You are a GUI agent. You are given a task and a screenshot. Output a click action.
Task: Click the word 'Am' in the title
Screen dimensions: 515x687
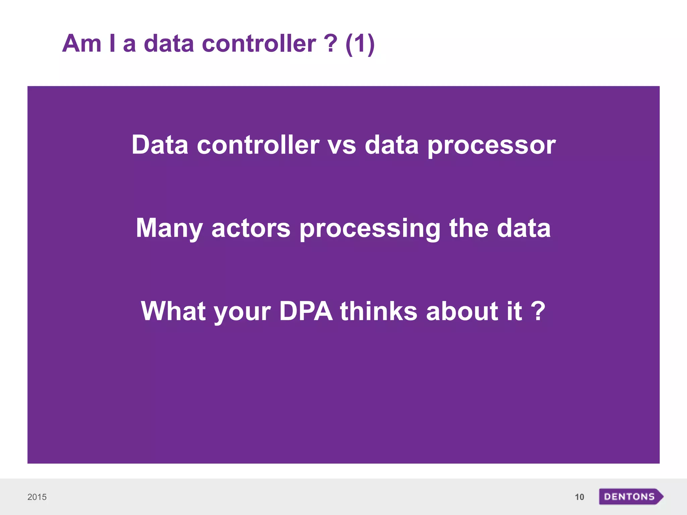click(82, 44)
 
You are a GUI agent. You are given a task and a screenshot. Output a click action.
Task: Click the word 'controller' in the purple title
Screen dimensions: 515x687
click(259, 44)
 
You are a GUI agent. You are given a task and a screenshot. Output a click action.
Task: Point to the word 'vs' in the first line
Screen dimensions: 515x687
click(341, 146)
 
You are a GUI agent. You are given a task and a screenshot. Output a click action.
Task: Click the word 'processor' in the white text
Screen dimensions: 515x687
click(491, 146)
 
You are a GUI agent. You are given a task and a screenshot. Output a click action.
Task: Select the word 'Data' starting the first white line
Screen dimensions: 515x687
click(160, 145)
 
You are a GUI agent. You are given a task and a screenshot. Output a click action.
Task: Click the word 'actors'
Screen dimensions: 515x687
click(251, 228)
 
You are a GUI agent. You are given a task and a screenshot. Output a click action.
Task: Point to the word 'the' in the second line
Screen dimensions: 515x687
click(469, 228)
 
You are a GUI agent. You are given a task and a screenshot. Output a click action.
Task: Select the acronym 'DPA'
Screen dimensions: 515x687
click(306, 311)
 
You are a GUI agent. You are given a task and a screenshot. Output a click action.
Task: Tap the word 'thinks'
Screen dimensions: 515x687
click(379, 311)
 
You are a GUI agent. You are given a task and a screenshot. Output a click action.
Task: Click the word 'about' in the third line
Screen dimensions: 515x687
click(462, 311)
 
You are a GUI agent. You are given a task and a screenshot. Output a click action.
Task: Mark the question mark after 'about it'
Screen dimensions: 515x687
click(538, 311)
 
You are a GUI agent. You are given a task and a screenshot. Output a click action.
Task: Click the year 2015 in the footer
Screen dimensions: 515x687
click(37, 497)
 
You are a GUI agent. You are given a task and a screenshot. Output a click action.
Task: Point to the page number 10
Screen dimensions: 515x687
click(579, 497)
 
